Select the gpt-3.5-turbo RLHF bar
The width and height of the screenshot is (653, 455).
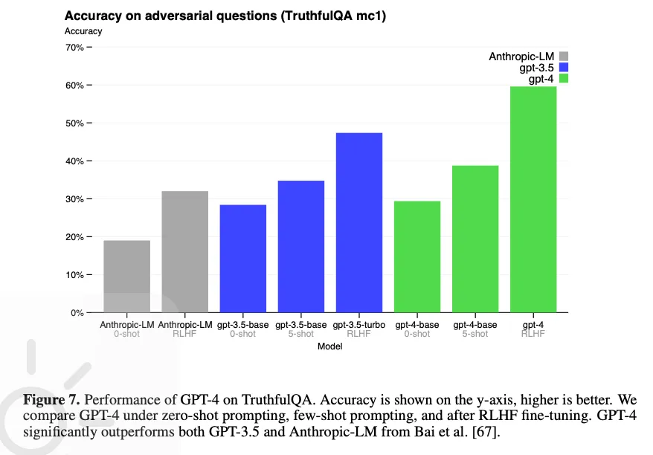[x=359, y=222]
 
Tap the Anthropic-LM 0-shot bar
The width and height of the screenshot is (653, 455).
[x=126, y=276]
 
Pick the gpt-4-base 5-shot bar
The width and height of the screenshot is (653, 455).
[x=475, y=239]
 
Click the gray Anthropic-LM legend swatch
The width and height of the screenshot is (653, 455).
[x=563, y=57]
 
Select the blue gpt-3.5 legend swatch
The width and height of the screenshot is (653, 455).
[x=563, y=68]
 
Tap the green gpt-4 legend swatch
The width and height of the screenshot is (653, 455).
[x=563, y=79]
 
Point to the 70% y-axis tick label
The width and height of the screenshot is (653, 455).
[x=74, y=47]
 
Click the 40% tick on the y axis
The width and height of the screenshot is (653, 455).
[x=74, y=161]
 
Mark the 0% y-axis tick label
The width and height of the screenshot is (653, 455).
[x=77, y=312]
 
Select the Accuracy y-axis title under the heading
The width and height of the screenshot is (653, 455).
[x=83, y=31]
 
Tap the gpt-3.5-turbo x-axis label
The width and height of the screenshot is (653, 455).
[x=358, y=325]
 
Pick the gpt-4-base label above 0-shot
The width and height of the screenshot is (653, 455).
[x=417, y=325]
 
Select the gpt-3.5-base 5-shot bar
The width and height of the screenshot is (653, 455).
[x=300, y=246]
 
